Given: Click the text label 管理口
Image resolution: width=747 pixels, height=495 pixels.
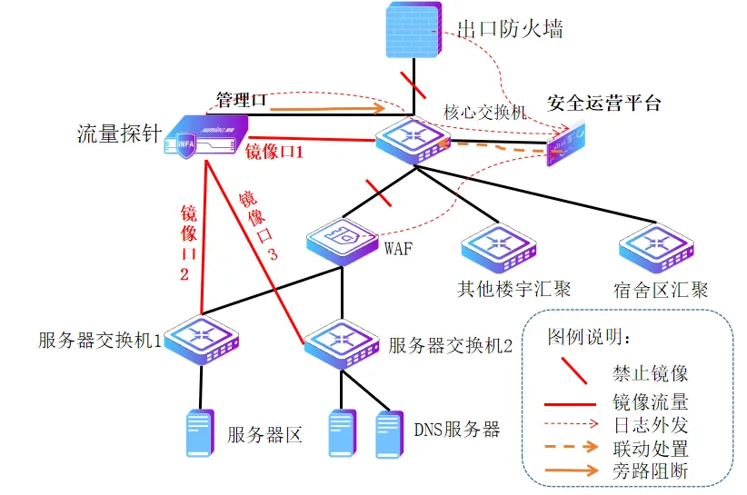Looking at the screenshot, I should tap(240, 98).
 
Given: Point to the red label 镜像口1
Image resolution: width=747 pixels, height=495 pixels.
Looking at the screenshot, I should tap(274, 152).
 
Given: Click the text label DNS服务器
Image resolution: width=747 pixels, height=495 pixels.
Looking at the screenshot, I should tap(457, 430).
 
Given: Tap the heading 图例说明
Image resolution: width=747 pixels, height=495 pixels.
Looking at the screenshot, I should tap(589, 337).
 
